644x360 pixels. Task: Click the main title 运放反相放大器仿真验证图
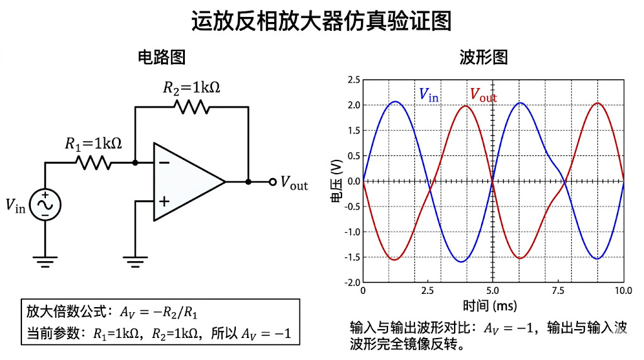tap(321, 21)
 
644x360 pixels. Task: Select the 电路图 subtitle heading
tap(162, 57)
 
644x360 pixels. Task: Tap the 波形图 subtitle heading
tap(484, 57)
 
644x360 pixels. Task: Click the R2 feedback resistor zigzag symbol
tap(191, 107)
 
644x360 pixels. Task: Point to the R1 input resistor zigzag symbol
tap(94, 163)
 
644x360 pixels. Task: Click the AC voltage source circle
tap(45, 205)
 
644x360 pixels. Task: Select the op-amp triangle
tap(189, 182)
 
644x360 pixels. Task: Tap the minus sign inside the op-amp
tap(164, 163)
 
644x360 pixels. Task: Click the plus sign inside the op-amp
tap(164, 201)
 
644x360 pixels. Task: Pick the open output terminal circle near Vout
tap(273, 182)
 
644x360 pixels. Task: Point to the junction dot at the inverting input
tap(135, 163)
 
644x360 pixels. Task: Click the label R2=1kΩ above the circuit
tap(191, 87)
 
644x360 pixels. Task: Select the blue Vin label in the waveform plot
tap(429, 95)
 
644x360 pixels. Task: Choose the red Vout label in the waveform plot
tap(484, 95)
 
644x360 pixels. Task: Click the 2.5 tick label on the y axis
tap(353, 80)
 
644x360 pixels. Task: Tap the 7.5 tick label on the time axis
tap(558, 291)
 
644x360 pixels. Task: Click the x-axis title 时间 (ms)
tap(490, 306)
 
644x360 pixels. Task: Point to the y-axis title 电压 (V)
tap(336, 181)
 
